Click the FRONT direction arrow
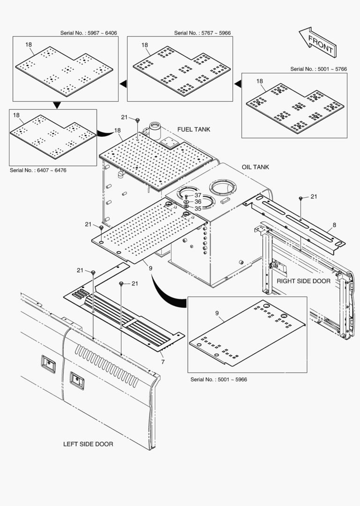[x=317, y=41]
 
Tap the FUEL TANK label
[x=194, y=129]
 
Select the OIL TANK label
[x=255, y=167]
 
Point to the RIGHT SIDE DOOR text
[x=303, y=281]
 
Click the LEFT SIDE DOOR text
[x=88, y=444]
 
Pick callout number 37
[x=198, y=195]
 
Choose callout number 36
[x=198, y=201]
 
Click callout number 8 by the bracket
[x=334, y=225]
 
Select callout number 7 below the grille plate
[x=162, y=362]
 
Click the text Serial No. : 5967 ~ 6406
[x=88, y=33]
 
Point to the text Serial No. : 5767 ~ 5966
[x=202, y=33]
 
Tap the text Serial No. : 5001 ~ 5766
[x=318, y=69]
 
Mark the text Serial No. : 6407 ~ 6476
[x=38, y=170]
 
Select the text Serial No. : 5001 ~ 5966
[x=219, y=379]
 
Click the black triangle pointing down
[x=57, y=105]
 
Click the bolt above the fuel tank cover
[x=137, y=121]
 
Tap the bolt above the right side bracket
[x=300, y=199]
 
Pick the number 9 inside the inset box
[x=217, y=313]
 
